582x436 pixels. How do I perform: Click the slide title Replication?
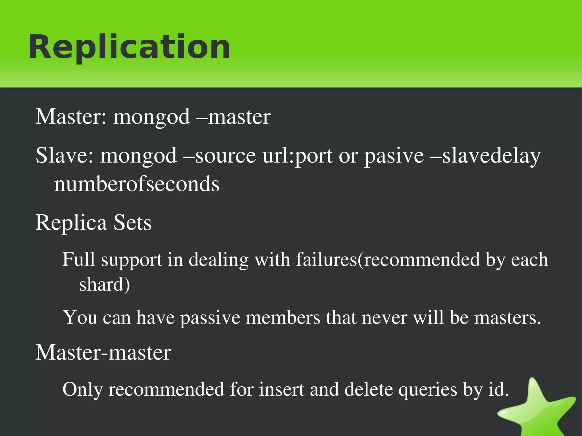coord(129,47)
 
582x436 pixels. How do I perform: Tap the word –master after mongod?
coord(233,117)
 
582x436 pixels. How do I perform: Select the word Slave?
coord(65,155)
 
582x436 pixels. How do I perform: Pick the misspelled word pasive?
coord(394,156)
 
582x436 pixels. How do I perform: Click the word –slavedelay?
coord(486,156)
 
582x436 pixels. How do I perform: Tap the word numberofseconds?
coord(137,184)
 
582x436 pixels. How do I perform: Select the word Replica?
coord(71,223)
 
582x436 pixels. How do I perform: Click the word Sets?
coord(132,223)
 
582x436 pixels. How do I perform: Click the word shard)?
coord(105,284)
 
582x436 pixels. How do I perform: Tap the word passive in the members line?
coord(210,318)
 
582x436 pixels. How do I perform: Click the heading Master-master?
coord(103,352)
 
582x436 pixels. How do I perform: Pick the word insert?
coord(281,389)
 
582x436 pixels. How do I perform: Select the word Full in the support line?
coord(78,259)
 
